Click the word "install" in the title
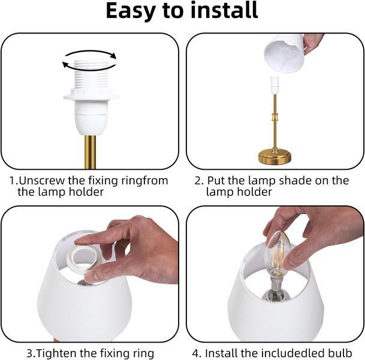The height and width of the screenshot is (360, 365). pos(224,10)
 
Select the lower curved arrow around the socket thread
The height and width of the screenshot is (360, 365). pos(89,67)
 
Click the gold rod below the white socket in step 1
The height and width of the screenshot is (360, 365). pos(90,152)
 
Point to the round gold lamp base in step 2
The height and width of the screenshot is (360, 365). pos(274,157)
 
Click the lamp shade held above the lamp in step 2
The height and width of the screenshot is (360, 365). pos(285,53)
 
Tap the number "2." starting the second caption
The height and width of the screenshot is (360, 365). pos(199,181)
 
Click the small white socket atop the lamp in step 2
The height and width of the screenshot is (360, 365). pos(275,85)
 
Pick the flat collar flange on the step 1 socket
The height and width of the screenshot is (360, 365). pos(91,97)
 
